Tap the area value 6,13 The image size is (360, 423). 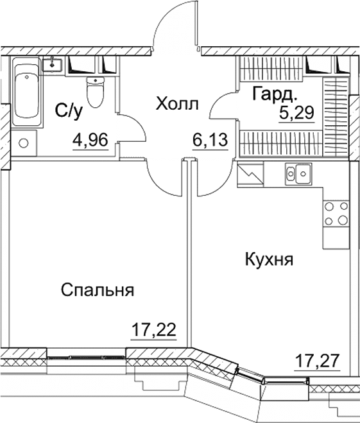(210, 139)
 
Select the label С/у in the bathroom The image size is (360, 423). (69, 111)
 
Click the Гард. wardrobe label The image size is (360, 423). (275, 95)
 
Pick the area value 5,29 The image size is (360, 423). (295, 115)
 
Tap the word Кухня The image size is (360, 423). (269, 260)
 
